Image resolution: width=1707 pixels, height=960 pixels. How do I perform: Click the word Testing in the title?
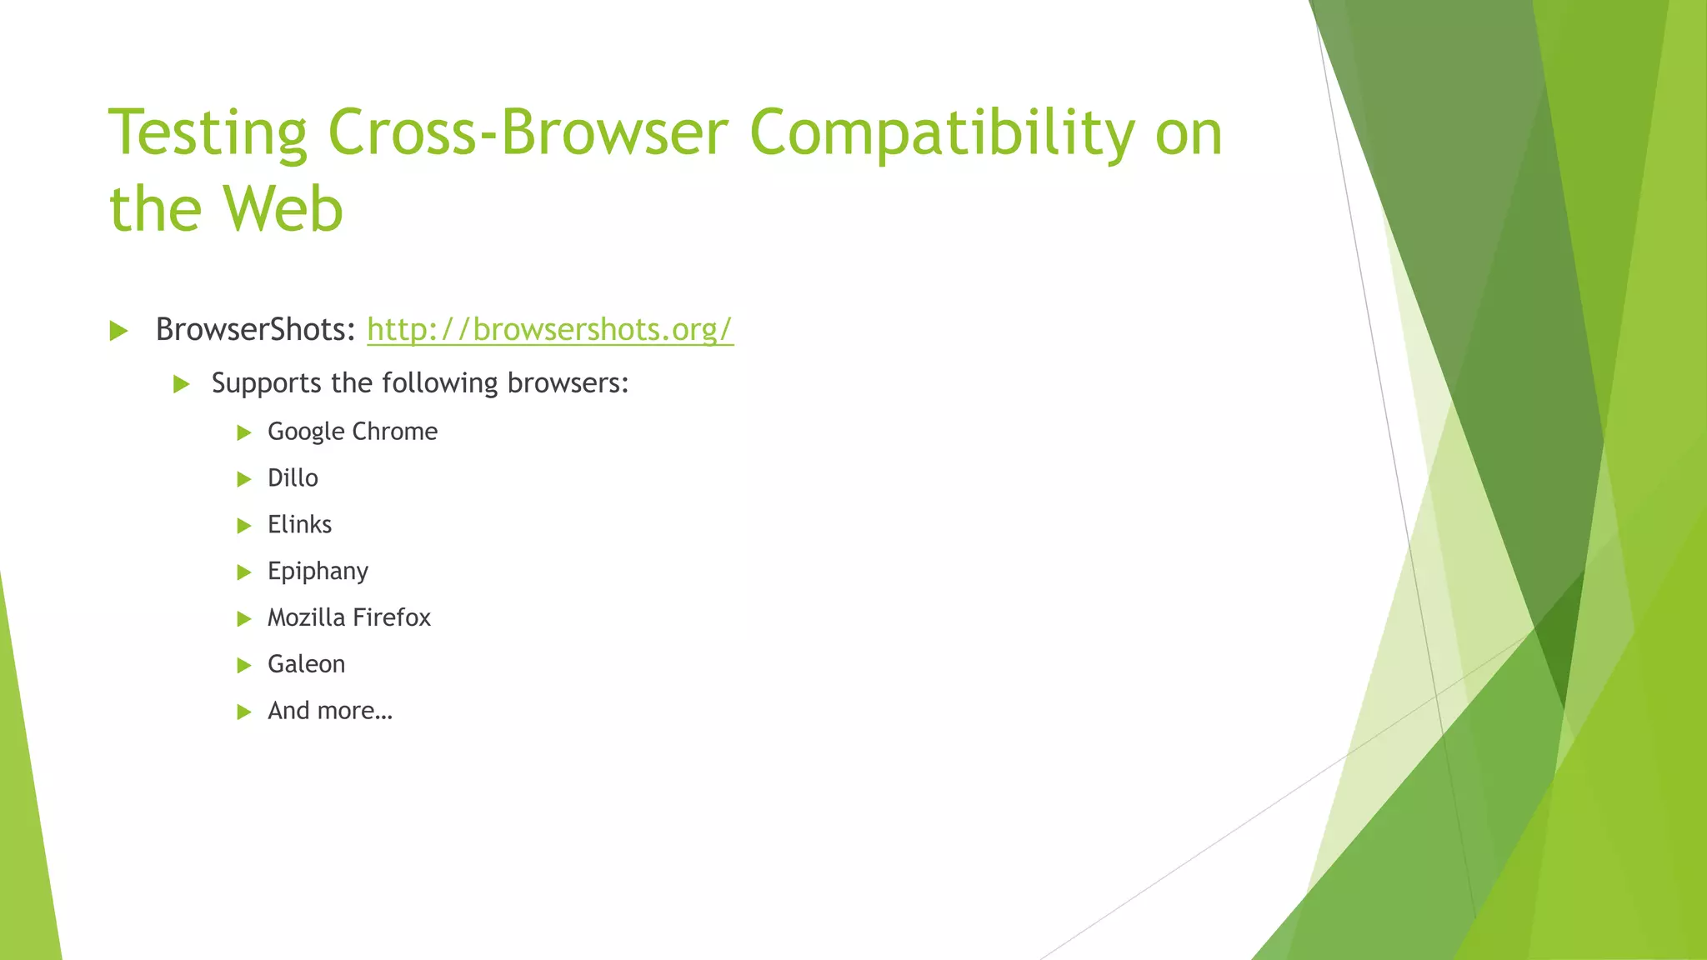(x=208, y=133)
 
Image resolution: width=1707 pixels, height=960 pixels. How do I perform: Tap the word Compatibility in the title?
(x=942, y=133)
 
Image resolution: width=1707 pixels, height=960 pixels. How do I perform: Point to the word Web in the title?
(x=283, y=208)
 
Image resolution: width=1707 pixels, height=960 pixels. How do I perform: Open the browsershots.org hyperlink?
(x=550, y=330)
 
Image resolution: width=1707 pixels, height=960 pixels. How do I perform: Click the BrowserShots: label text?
(x=256, y=330)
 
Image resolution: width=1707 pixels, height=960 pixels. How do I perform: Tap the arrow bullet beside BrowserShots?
(x=118, y=331)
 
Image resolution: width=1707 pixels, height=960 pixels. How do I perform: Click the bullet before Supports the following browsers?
(x=182, y=384)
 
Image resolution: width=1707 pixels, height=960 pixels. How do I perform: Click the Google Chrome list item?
(x=353, y=432)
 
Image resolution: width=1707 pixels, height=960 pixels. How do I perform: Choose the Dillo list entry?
(x=293, y=478)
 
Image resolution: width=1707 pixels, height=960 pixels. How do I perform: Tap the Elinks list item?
(x=299, y=525)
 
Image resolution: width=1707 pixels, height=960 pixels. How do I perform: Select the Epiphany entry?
(x=318, y=572)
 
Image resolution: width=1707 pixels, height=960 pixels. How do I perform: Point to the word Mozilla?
(x=306, y=617)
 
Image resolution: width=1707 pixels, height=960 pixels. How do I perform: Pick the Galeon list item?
(x=306, y=664)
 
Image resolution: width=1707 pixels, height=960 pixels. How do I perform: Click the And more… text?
(x=329, y=711)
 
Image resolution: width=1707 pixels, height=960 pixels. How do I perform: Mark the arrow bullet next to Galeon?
(x=244, y=665)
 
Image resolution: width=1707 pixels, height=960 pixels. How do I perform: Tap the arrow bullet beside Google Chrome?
(x=244, y=432)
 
